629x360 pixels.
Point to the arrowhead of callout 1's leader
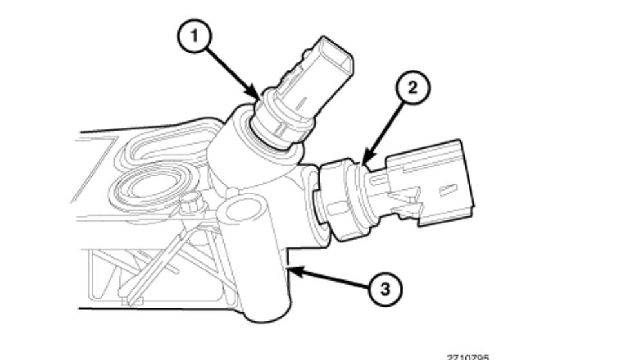[x=261, y=99]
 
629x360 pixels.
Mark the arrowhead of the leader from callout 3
[x=291, y=270]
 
